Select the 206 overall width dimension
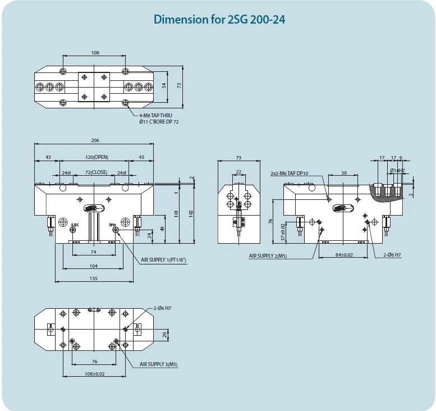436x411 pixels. click(94, 140)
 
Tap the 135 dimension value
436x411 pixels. click(94, 278)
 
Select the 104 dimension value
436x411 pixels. click(94, 266)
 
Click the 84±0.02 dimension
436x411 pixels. click(344, 254)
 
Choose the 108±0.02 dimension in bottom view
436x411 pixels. click(94, 373)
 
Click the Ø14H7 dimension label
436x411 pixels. click(397, 170)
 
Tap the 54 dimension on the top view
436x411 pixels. click(164, 85)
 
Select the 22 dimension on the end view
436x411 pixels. click(238, 172)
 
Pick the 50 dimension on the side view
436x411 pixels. click(343, 173)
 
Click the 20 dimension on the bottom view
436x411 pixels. click(164, 334)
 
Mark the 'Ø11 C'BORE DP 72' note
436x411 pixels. click(159, 121)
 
